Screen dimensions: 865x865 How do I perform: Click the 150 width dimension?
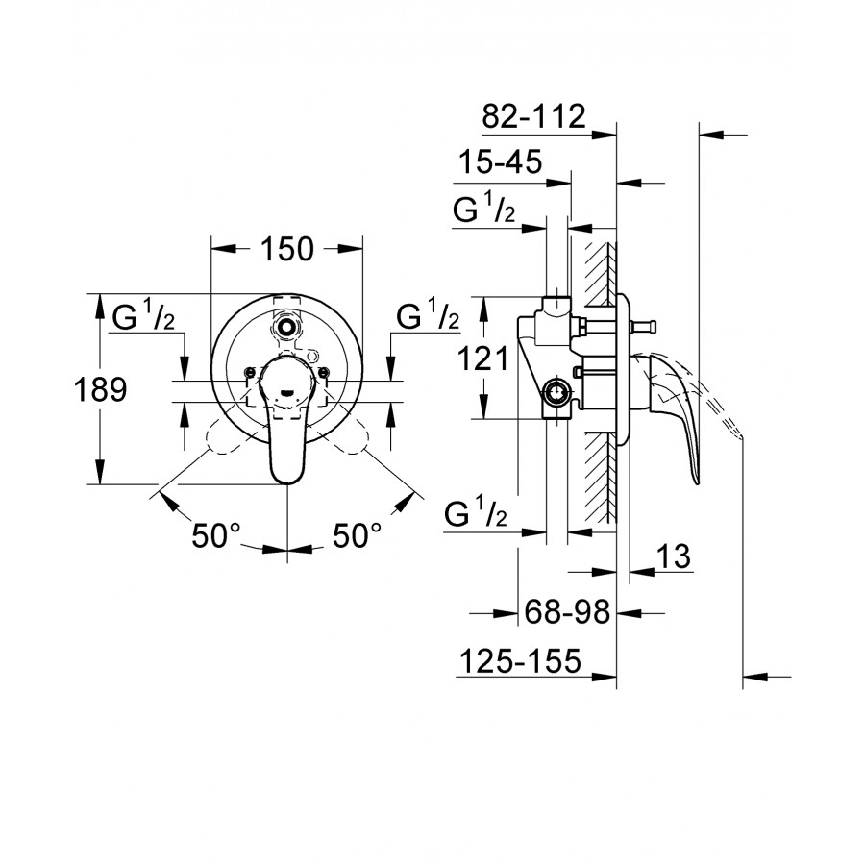click(x=287, y=249)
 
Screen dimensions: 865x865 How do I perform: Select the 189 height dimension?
click(x=100, y=389)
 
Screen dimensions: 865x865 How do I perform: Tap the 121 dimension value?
click(x=483, y=359)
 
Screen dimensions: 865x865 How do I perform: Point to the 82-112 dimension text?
click(x=533, y=116)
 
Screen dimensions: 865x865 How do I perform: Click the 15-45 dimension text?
click(x=501, y=162)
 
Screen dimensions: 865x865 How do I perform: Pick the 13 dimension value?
click(x=674, y=556)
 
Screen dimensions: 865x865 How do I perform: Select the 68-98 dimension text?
click(x=567, y=611)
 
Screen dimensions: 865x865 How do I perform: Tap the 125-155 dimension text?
click(x=520, y=660)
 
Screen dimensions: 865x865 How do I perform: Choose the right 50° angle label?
click(x=357, y=535)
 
